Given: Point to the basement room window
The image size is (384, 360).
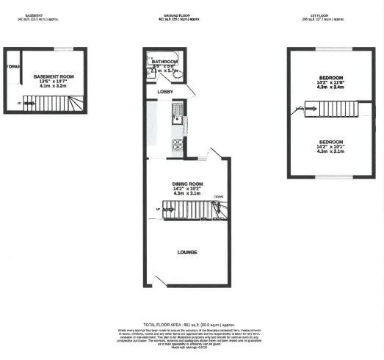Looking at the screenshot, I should click(63, 48).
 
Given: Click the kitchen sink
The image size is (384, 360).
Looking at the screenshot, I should click(177, 113).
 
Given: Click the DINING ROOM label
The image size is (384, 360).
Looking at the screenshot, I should click(187, 184).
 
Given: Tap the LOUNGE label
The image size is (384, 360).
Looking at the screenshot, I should click(187, 252).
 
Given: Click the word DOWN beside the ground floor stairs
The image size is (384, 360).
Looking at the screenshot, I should click(219, 197).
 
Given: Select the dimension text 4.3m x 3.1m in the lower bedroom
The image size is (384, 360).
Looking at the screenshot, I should click(331, 151).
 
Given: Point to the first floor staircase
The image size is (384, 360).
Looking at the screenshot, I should click(335, 109).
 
